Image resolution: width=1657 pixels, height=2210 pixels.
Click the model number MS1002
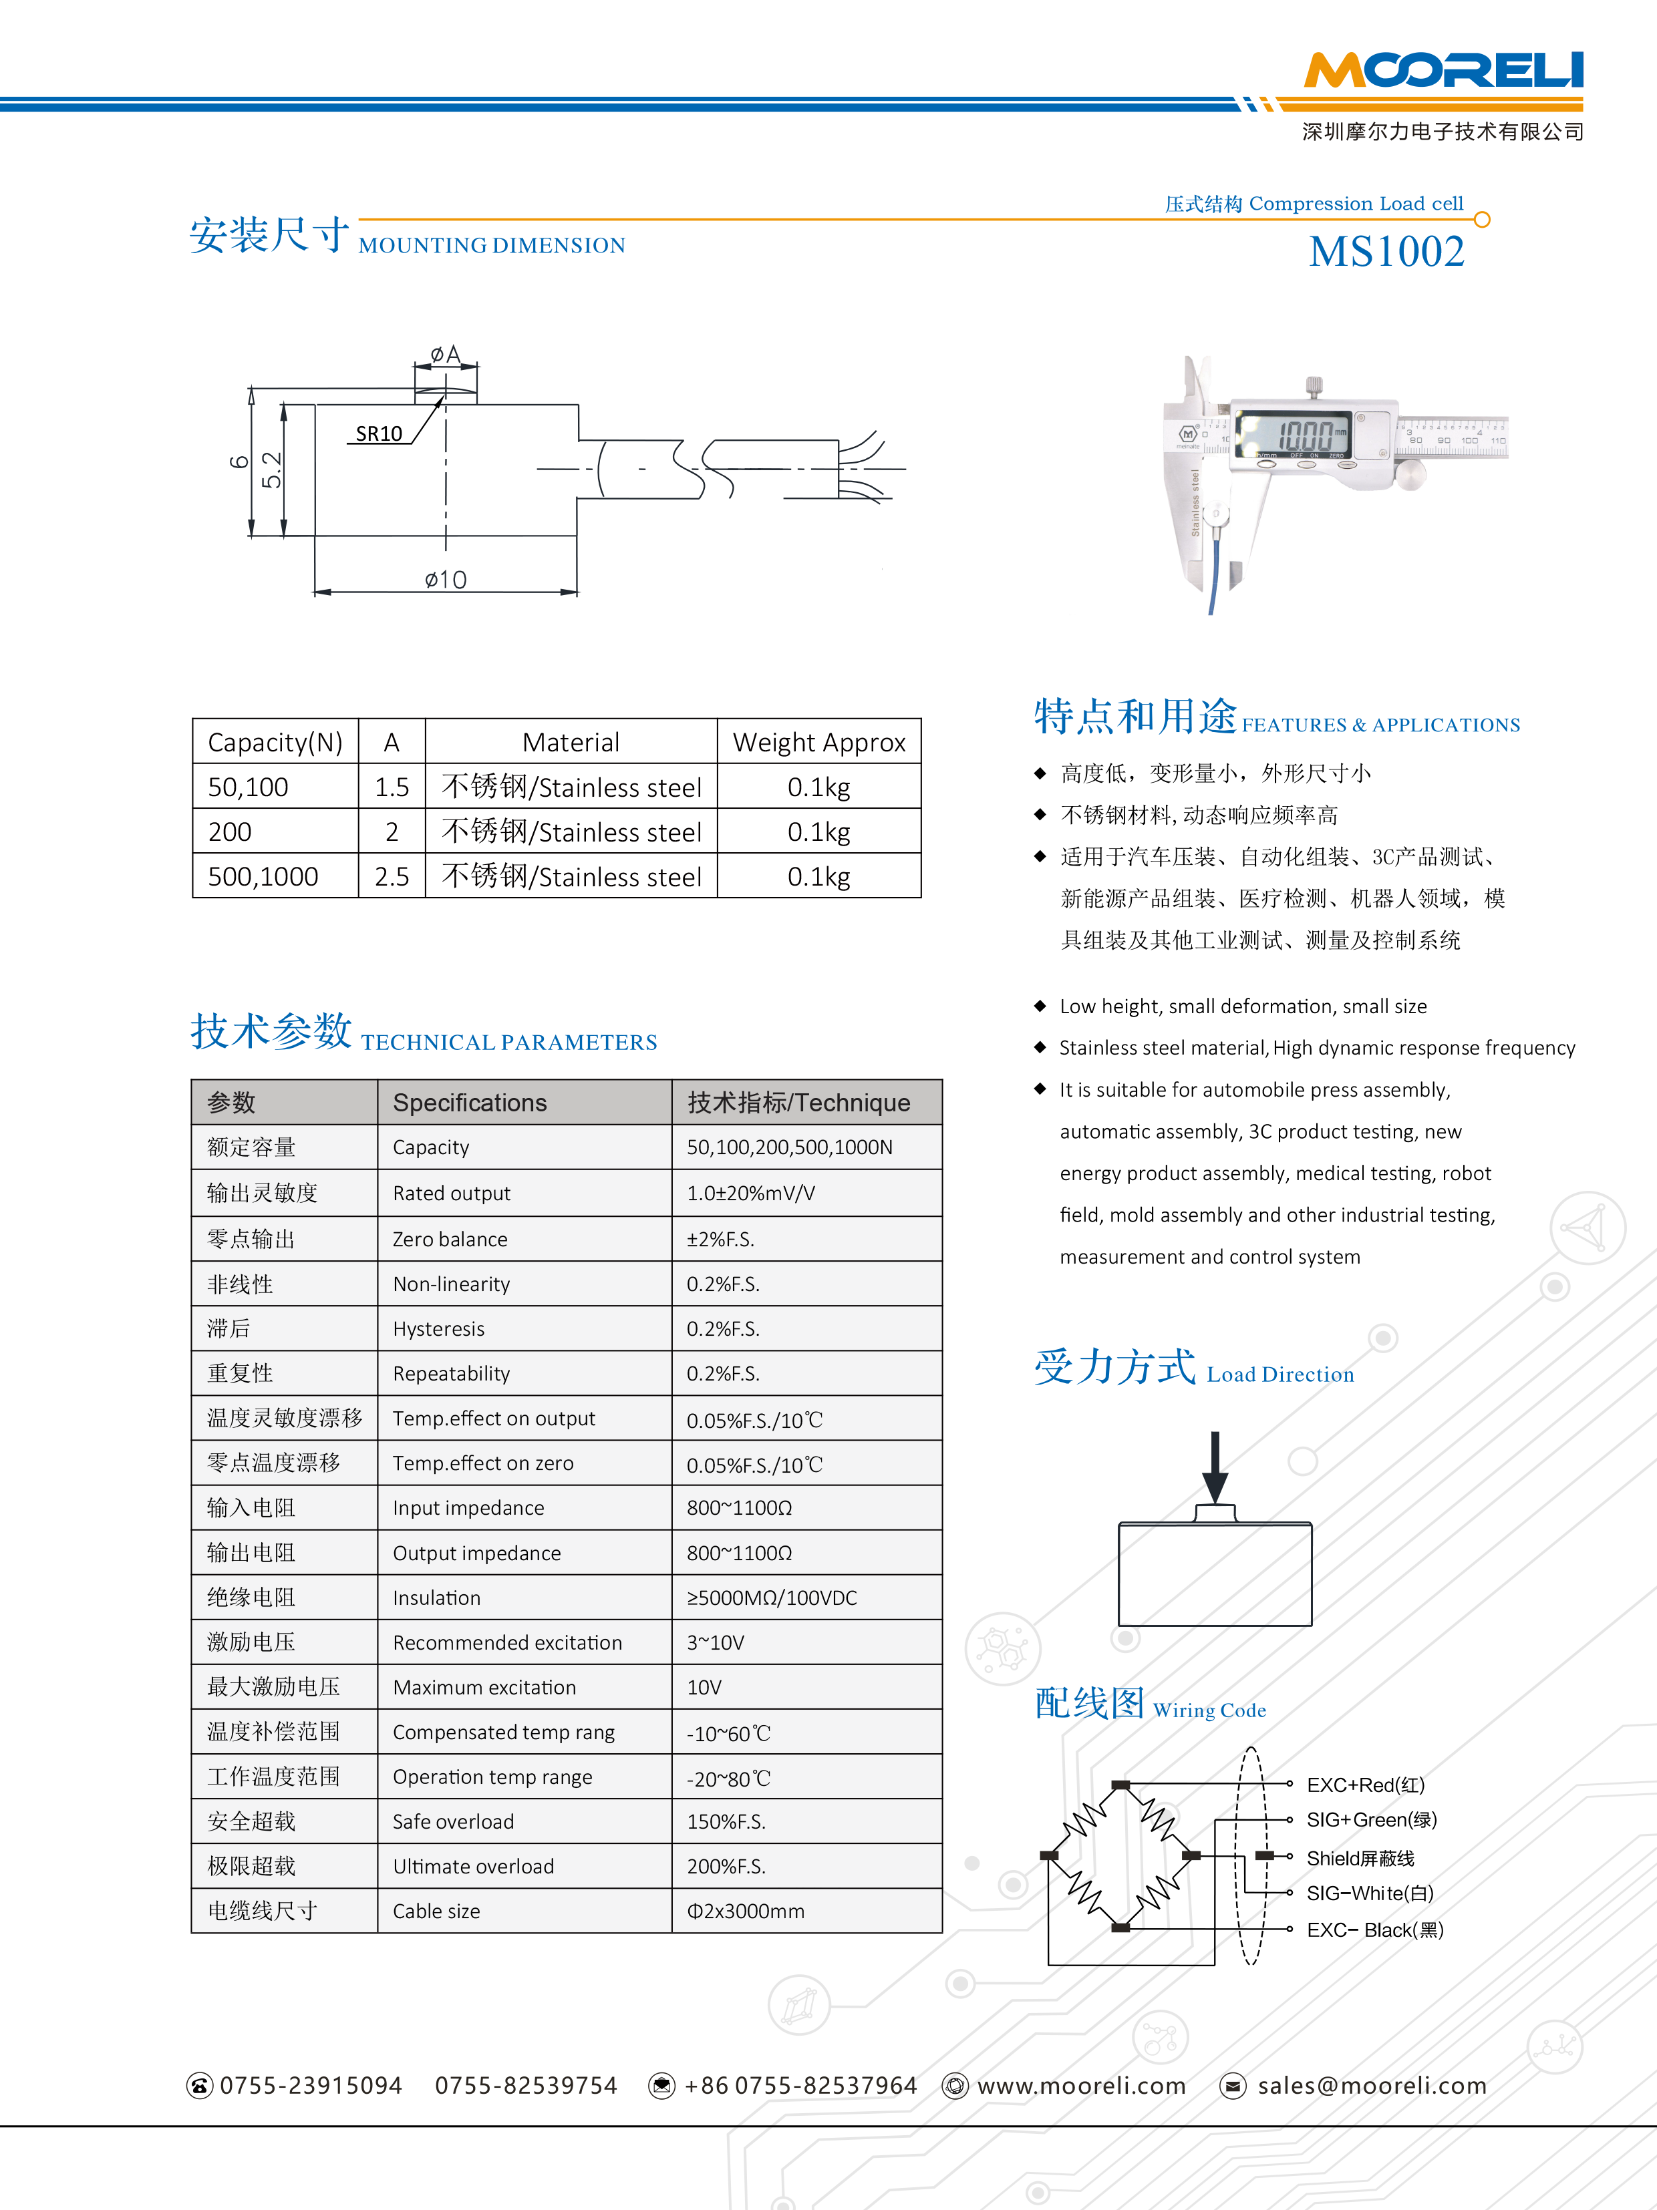coord(1386,252)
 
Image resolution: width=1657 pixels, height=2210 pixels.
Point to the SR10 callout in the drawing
coord(379,433)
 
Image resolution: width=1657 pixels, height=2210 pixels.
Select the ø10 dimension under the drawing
coord(445,580)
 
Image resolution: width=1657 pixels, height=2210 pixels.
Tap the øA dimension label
coord(445,355)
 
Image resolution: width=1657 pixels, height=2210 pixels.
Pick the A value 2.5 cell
coord(392,876)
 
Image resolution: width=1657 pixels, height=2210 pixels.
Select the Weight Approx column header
coord(818,742)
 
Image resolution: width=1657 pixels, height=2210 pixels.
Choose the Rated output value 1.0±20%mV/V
coord(750,1193)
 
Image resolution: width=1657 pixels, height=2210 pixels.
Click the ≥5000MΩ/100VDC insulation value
coord(772,1598)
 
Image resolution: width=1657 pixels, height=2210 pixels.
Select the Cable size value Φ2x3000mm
coord(746,1911)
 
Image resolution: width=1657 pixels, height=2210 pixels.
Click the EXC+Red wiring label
coord(1365,1785)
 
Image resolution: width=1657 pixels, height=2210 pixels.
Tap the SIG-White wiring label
coord(1369,1893)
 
